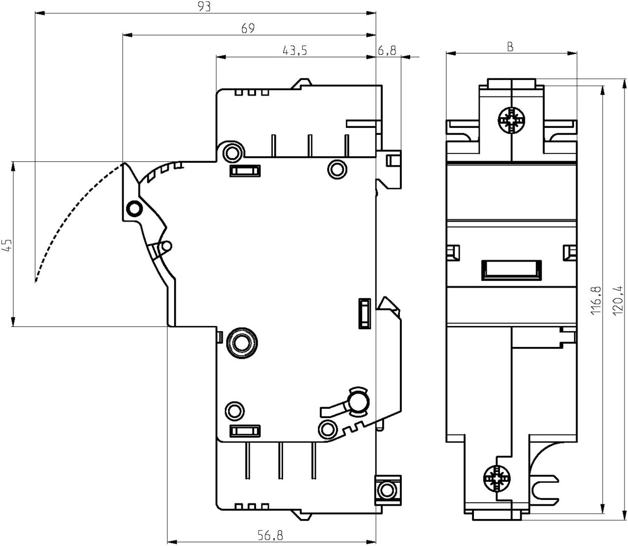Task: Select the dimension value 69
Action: point(248,28)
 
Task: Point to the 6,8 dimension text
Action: point(387,50)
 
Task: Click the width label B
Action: point(510,47)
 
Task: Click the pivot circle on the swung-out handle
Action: point(133,209)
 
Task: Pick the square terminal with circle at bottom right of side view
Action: point(388,489)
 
